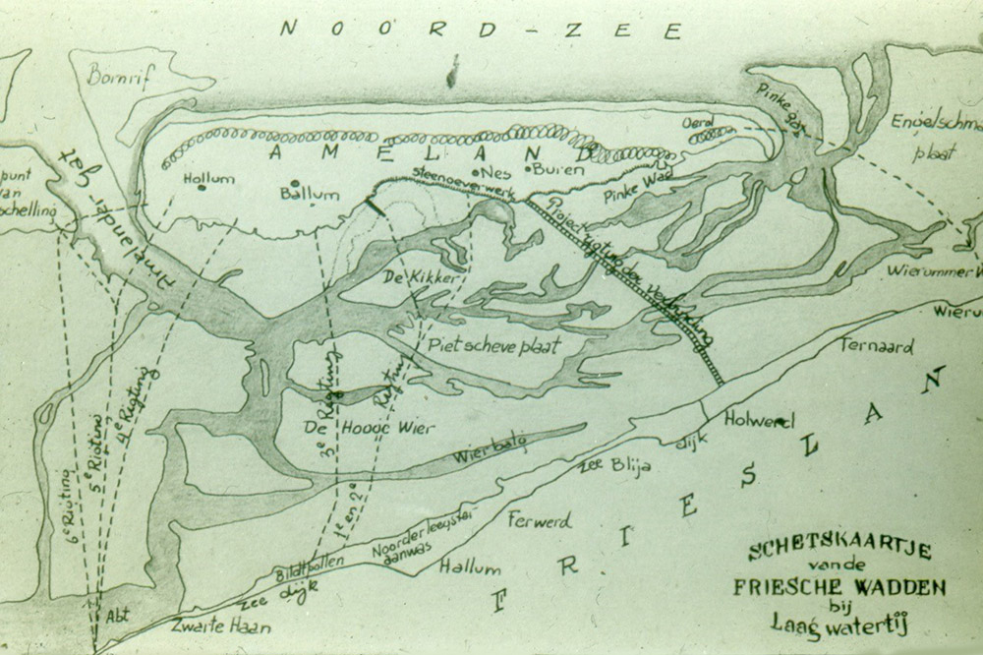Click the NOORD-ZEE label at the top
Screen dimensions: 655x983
481,29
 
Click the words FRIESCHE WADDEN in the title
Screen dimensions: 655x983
839,588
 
